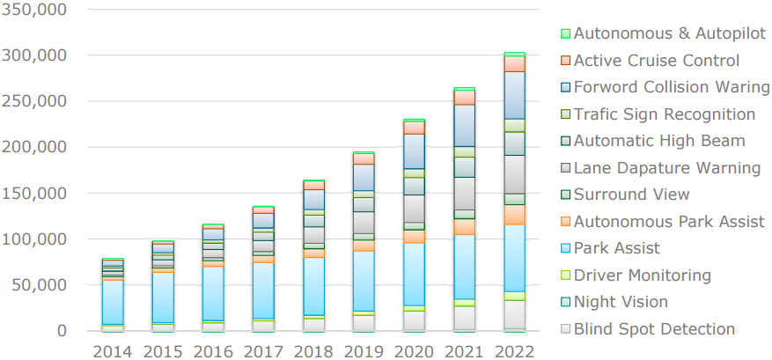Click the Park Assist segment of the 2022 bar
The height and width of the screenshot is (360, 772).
tap(515, 258)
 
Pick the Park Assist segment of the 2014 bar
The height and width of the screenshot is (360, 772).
tap(113, 302)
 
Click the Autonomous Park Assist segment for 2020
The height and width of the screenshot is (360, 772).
tap(414, 237)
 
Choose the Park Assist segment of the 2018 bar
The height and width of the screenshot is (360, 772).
tap(313, 286)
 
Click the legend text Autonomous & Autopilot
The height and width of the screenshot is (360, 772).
tap(669, 34)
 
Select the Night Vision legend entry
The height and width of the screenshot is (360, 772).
tap(620, 302)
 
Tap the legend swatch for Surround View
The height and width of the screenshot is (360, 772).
tap(565, 195)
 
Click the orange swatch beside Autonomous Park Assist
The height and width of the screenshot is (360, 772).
tap(565, 223)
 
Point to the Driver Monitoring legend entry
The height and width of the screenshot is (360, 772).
tap(642, 276)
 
